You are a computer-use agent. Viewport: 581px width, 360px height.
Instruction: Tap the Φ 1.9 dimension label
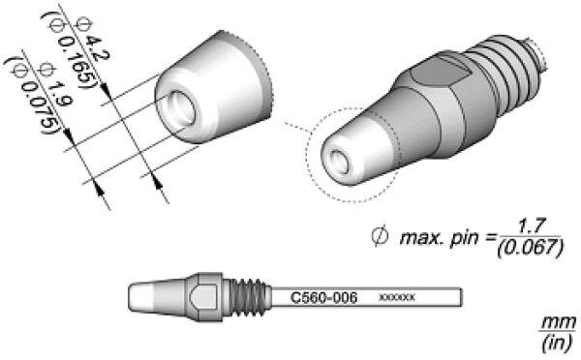(x=55, y=84)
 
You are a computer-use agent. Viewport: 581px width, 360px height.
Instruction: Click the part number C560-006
(x=323, y=297)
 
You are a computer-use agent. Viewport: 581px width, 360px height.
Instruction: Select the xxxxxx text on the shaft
(x=397, y=297)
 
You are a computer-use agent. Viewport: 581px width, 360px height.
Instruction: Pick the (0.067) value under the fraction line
(x=531, y=248)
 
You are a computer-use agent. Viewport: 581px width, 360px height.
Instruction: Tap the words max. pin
(x=439, y=238)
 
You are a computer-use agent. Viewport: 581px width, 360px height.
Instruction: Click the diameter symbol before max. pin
(x=380, y=236)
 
